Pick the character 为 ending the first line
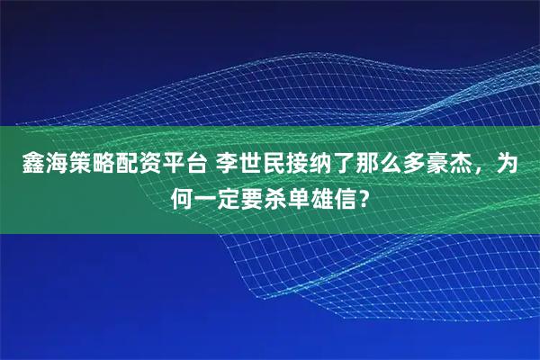coord(508,165)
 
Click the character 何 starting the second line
coord(184,195)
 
